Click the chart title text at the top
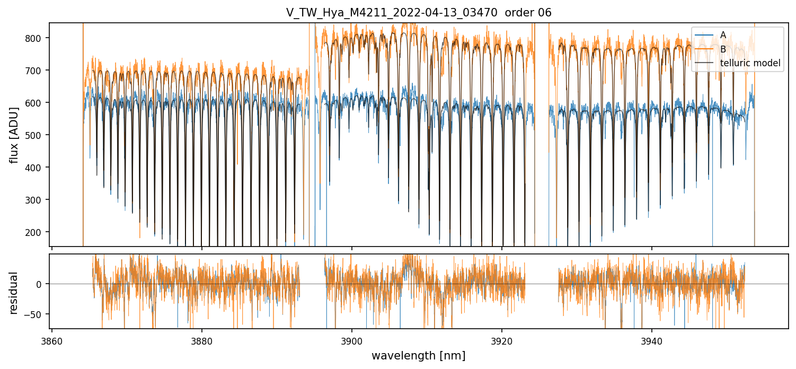coord(419,13)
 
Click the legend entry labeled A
coord(723,35)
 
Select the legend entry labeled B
coord(723,49)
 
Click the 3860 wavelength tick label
coord(51,340)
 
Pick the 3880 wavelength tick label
coord(201,340)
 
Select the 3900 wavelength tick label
coord(351,340)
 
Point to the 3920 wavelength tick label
coord(501,340)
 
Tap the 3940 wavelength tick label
coord(651,340)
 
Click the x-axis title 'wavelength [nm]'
coord(418,356)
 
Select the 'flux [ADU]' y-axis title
coord(14,135)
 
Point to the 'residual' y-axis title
coord(14,293)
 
